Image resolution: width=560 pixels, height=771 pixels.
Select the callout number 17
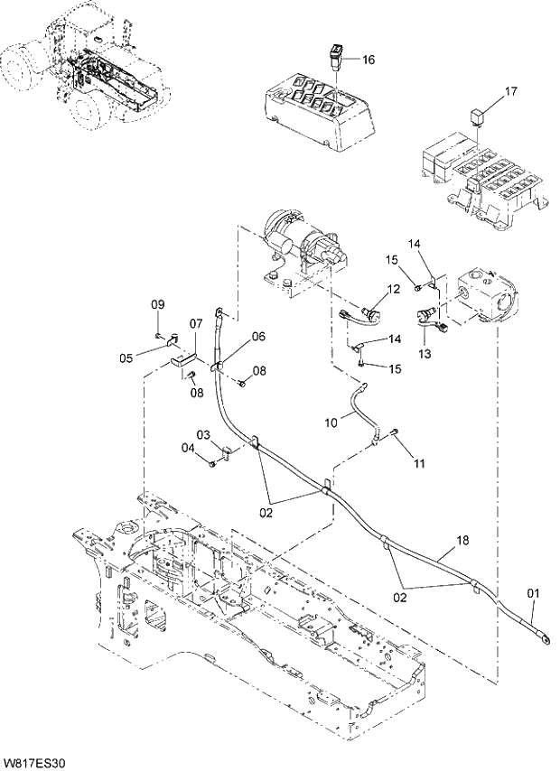tap(510, 91)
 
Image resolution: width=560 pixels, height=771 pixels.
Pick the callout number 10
tap(331, 421)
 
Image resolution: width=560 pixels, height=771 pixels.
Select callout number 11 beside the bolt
tap(418, 463)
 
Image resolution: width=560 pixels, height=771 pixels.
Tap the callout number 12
tap(393, 290)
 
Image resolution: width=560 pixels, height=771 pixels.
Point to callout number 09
tap(157, 302)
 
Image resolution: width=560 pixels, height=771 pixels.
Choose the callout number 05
tap(126, 358)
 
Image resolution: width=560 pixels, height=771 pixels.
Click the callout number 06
tap(258, 337)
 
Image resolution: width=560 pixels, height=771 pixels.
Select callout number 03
tap(205, 435)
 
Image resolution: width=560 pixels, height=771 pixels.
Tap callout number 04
tap(187, 447)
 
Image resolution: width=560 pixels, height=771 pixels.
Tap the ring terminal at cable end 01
tap(545, 636)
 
